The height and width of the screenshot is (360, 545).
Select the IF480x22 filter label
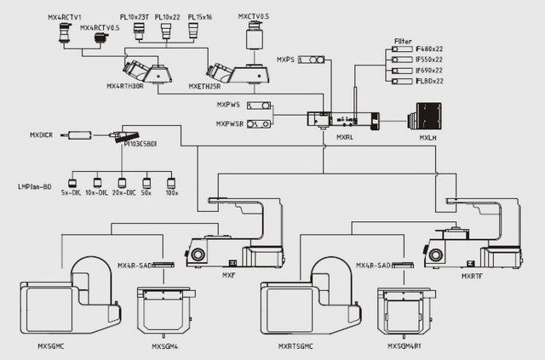tap(428, 50)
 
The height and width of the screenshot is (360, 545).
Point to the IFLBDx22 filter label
tap(428, 81)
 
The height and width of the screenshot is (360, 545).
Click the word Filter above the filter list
tap(403, 41)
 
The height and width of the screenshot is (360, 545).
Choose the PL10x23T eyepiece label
tap(135, 15)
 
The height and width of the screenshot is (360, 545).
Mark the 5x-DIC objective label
tap(71, 194)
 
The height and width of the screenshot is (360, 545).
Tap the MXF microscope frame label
tap(228, 275)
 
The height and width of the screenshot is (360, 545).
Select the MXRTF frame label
tap(472, 275)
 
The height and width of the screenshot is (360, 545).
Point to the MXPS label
tap(285, 60)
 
